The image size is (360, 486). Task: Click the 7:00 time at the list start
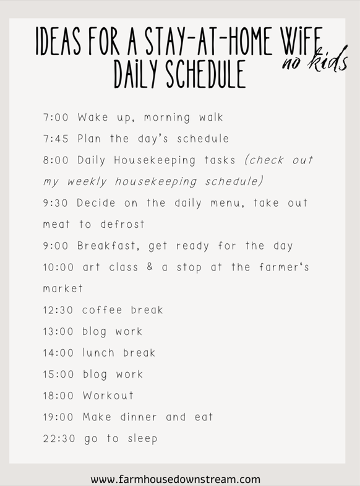[56, 118]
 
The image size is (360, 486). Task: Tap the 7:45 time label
[56, 139]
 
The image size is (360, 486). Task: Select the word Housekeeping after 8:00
[155, 160]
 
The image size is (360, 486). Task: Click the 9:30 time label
[56, 203]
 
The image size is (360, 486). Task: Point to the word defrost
[122, 224]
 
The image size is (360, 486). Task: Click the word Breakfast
[106, 246]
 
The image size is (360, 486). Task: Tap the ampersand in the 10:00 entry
[150, 267]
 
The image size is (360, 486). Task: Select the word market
[63, 289]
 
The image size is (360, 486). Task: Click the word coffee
[102, 310]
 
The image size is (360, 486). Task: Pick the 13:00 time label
[58, 331]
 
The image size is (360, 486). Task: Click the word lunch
[98, 353]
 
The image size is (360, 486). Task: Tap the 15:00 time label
[58, 374]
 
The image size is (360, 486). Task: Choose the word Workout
[108, 396]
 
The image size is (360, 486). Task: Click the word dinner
[139, 417]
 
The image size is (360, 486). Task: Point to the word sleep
[143, 439]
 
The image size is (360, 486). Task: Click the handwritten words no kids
[315, 59]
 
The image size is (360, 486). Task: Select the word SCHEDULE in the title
[206, 74]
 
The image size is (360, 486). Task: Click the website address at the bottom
[176, 479]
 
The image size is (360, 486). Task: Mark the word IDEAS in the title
[59, 41]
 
